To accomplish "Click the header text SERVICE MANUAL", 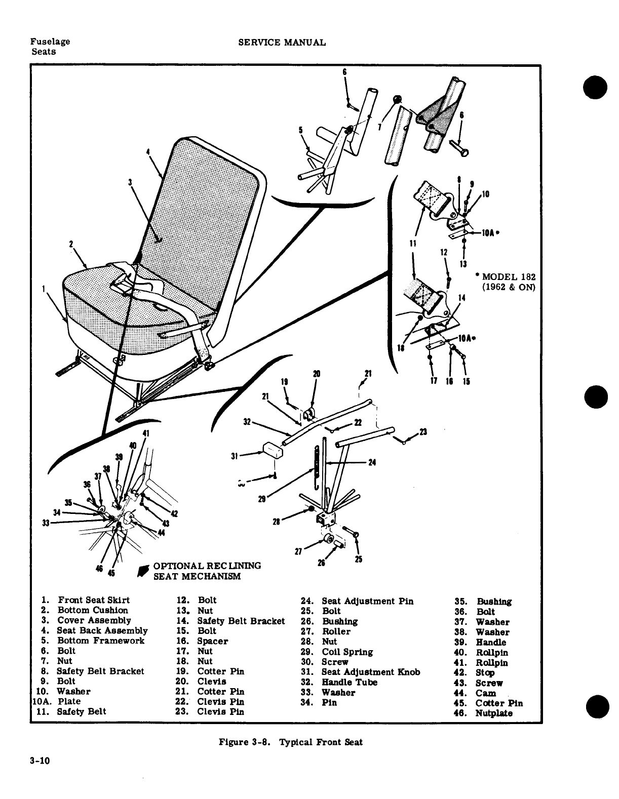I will [282, 43].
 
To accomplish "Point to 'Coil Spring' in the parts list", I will [347, 652].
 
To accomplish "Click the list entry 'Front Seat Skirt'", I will [93, 600].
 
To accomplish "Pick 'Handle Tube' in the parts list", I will [350, 682].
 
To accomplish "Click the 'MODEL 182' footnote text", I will [508, 277].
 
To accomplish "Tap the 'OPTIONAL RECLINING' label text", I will [207, 566].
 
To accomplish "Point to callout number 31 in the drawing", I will [234, 455].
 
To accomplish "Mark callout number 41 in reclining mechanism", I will [146, 433].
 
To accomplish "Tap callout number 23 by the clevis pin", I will [423, 432].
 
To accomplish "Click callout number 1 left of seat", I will [44, 289].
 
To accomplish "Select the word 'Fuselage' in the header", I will [50, 42].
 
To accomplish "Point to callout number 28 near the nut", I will [277, 522].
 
